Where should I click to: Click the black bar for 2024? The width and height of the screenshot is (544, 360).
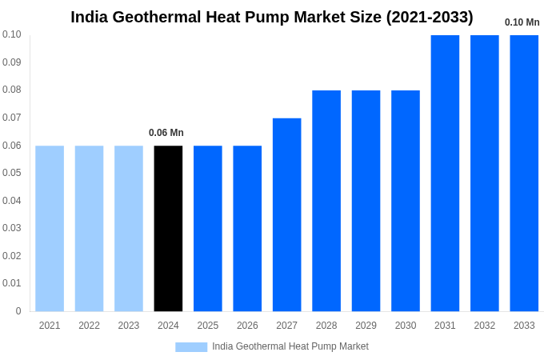coord(168,228)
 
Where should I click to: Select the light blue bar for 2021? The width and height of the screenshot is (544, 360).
coord(50,228)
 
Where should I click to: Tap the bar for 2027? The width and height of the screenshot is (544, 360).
coord(286,214)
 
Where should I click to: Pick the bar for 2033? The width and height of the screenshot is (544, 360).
coord(524,173)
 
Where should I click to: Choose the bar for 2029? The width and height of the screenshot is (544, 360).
coord(366,201)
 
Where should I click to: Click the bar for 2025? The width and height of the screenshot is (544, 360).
coord(208,228)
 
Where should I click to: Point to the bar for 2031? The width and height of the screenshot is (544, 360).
coord(445,173)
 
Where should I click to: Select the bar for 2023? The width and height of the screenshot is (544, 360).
coord(129,228)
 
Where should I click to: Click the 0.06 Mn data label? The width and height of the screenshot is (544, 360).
coord(166,133)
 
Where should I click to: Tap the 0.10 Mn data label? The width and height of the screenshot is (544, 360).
coord(522,22)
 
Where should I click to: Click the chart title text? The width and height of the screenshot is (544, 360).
coord(272,17)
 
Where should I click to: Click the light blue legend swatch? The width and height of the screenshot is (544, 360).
coord(191,346)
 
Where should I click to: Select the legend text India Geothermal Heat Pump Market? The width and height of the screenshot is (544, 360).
coord(290,346)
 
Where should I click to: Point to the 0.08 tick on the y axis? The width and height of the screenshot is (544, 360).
coord(12,90)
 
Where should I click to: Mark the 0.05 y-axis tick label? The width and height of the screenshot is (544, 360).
coord(12,173)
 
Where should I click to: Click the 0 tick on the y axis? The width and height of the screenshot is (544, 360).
coord(18,311)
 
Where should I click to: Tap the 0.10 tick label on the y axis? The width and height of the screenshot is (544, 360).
coord(12,34)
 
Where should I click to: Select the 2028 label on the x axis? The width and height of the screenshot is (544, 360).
coord(326,326)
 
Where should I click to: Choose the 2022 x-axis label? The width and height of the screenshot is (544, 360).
coord(89,326)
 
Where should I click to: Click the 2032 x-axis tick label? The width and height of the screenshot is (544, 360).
coord(484,326)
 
